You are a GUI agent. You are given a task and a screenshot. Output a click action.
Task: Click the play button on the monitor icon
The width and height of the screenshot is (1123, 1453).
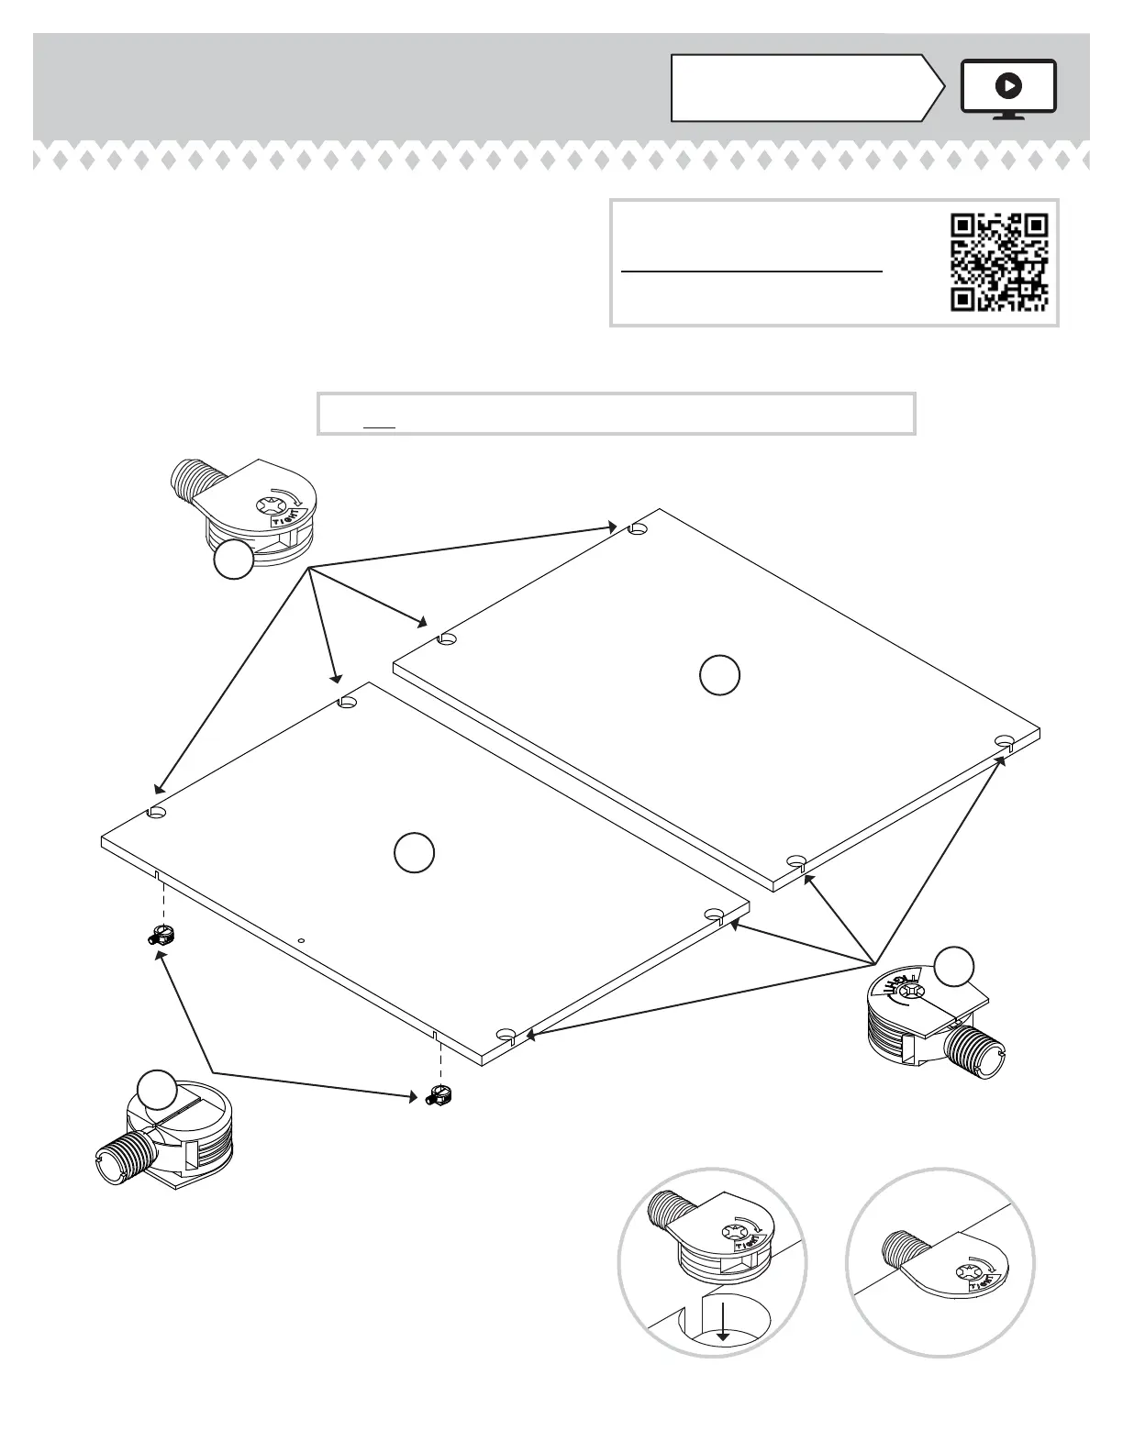point(1007,86)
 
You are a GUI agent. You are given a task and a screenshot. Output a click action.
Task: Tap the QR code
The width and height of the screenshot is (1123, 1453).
point(999,262)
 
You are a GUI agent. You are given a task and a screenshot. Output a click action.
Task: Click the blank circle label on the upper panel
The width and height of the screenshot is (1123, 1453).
point(719,675)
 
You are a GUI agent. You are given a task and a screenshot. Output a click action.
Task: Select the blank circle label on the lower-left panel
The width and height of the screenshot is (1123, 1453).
point(414,852)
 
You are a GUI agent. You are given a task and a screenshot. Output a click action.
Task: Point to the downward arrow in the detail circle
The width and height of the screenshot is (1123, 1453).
point(723,1330)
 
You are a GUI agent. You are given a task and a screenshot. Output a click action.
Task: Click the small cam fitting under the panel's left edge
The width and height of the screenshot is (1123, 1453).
point(162,937)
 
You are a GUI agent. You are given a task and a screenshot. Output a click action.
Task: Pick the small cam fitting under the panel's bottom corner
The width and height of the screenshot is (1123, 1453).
point(439,1095)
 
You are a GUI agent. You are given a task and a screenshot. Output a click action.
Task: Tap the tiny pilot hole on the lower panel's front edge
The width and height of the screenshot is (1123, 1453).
point(301,940)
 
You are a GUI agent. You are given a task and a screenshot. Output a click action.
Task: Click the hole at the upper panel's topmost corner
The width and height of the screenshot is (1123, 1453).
point(639,529)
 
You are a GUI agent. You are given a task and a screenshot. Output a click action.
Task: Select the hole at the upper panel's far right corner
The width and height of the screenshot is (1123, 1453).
point(1005,740)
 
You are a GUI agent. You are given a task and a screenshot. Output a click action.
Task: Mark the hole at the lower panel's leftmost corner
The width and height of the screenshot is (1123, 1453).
point(157,813)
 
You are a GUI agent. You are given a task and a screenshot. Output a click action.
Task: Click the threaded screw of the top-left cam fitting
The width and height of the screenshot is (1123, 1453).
point(195,481)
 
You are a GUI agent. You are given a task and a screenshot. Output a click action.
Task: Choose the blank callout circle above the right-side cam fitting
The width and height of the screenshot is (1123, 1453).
point(954,964)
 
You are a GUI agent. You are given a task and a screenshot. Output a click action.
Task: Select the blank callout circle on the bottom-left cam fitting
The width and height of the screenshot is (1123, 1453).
point(156,1090)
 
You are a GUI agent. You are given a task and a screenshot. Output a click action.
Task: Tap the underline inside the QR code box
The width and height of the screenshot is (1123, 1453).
point(751,272)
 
